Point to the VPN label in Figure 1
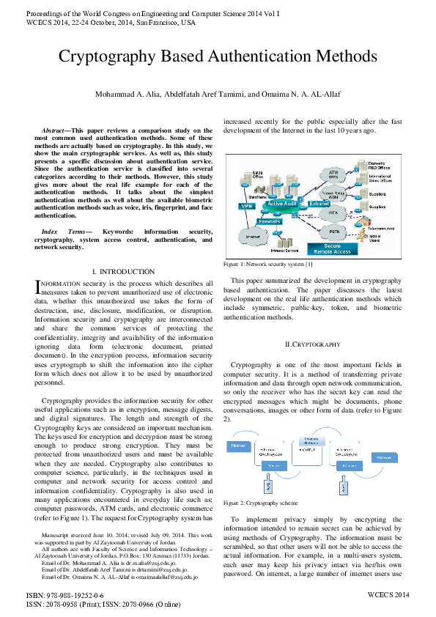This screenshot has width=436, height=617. point(246,207)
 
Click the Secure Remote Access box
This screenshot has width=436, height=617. point(331,248)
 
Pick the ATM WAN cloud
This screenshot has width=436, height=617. point(333,175)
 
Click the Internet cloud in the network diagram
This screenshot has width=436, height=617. point(252,237)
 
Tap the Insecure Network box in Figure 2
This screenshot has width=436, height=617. point(305,440)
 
